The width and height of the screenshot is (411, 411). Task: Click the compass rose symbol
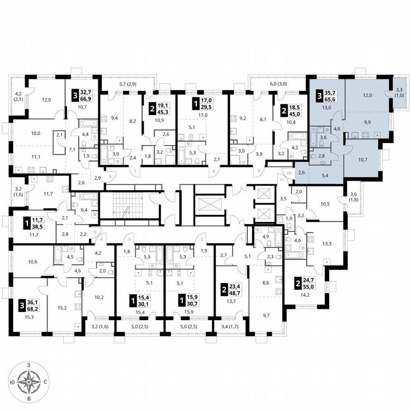29,382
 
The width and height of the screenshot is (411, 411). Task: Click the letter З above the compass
29,364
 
